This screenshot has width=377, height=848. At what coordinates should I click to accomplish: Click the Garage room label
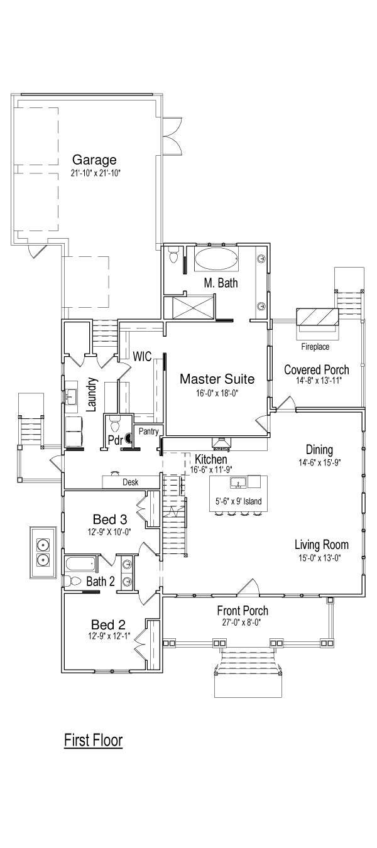point(94,160)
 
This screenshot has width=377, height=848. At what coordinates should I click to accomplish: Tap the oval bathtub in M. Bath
point(216,259)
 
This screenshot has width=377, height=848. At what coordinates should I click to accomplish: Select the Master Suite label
point(217,379)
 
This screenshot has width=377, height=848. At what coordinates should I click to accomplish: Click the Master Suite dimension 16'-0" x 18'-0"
point(217,393)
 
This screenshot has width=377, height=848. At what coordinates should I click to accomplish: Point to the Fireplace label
point(315,346)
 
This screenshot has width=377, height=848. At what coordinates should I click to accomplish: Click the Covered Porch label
point(317,369)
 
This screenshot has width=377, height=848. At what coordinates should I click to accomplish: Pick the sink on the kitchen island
point(238,482)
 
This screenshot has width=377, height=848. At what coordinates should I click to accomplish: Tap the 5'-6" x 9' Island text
point(239,501)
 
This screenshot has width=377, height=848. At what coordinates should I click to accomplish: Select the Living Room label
point(322,545)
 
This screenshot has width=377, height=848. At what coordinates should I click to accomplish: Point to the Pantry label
point(148,431)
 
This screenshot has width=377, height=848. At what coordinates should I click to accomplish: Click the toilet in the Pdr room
point(114,423)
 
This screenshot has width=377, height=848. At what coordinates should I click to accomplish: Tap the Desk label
point(130,482)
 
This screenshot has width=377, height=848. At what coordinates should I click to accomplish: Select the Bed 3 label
point(110,519)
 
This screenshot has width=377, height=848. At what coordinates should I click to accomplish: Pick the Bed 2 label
point(108,624)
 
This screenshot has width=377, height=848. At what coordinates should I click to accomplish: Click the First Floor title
point(93,740)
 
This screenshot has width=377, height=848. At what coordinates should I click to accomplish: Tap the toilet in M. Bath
point(174,255)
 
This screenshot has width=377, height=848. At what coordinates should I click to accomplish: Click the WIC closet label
point(142,356)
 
